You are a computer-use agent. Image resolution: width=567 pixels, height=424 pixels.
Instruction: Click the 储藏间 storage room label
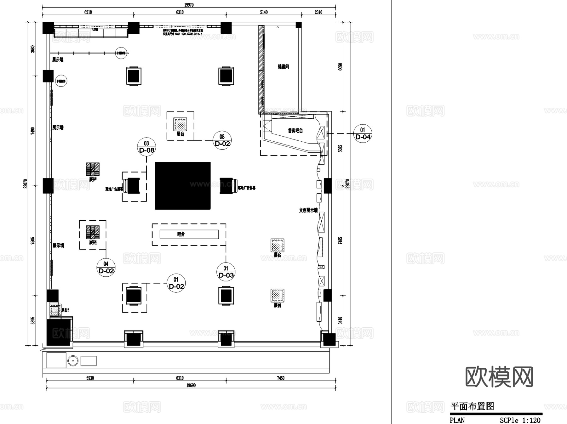pyautogui.click(x=283, y=67)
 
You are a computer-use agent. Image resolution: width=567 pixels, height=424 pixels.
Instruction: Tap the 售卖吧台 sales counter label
pyautogui.click(x=295, y=130)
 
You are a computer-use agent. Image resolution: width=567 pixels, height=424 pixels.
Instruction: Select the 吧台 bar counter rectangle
pyautogui.click(x=189, y=234)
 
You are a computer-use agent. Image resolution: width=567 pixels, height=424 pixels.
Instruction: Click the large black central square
pyautogui.click(x=183, y=186)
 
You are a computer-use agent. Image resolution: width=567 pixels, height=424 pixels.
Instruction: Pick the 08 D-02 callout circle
pyautogui.click(x=222, y=140)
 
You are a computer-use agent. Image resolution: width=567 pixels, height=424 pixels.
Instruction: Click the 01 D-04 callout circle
pyautogui.click(x=363, y=133)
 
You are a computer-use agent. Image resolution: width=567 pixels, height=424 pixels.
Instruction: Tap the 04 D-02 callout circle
pyautogui.click(x=106, y=267)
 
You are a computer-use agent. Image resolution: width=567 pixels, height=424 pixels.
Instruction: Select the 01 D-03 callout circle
pyautogui.click(x=226, y=272)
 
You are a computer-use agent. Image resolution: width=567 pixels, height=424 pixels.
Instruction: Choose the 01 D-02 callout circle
pyautogui.click(x=176, y=283)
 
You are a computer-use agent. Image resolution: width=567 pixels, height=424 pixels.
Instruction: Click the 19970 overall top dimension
pyautogui.click(x=189, y=5)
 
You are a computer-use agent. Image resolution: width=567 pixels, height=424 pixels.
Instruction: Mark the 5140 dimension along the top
pyautogui.click(x=264, y=12)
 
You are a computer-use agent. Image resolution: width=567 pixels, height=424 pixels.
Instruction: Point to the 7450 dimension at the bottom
pyautogui.click(x=280, y=378)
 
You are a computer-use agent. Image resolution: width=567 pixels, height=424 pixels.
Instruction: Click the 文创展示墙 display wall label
pyautogui.click(x=308, y=210)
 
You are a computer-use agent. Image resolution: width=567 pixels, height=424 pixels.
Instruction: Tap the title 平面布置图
pyautogui.click(x=472, y=406)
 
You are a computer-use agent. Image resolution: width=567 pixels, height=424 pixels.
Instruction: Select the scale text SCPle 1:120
pyautogui.click(x=520, y=420)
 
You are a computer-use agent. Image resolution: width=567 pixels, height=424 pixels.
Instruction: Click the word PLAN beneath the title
pyautogui.click(x=457, y=420)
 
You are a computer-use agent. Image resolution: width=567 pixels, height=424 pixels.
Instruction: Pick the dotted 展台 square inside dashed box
pyautogui.click(x=180, y=124)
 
